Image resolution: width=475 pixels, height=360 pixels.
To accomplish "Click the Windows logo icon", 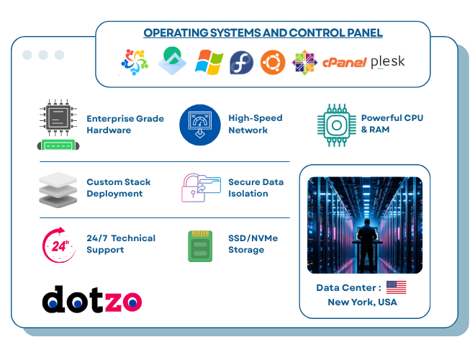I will pos(209,62).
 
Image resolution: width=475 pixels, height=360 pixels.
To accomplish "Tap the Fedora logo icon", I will pos(241,63).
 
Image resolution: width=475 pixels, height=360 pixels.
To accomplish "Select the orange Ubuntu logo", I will pos(273,62).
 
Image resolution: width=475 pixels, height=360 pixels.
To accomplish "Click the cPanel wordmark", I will pos(345,63).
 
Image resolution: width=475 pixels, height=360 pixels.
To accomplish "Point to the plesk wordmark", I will pos(387,63).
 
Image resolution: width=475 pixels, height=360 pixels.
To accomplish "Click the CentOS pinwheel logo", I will pos(304,62).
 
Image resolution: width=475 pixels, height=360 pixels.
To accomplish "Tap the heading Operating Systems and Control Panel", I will pos(263,32).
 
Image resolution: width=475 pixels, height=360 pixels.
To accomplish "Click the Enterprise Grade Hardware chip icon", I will pos(57,125).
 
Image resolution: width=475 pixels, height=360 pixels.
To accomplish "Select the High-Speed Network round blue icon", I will pos(199,125).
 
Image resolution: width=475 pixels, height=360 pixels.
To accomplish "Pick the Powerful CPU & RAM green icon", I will pos(336,125).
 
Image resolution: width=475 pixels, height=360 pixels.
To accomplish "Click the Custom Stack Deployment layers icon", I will pos(57,188).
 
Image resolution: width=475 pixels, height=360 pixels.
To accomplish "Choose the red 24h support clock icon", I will pos(59,245).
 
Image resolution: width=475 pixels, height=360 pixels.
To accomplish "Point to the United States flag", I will pos(396,287).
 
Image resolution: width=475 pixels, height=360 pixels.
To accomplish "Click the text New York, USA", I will pos(362,302).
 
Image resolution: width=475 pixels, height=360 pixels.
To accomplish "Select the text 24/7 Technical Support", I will pos(120,244).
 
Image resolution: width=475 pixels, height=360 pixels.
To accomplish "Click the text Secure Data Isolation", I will pos(255,188).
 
